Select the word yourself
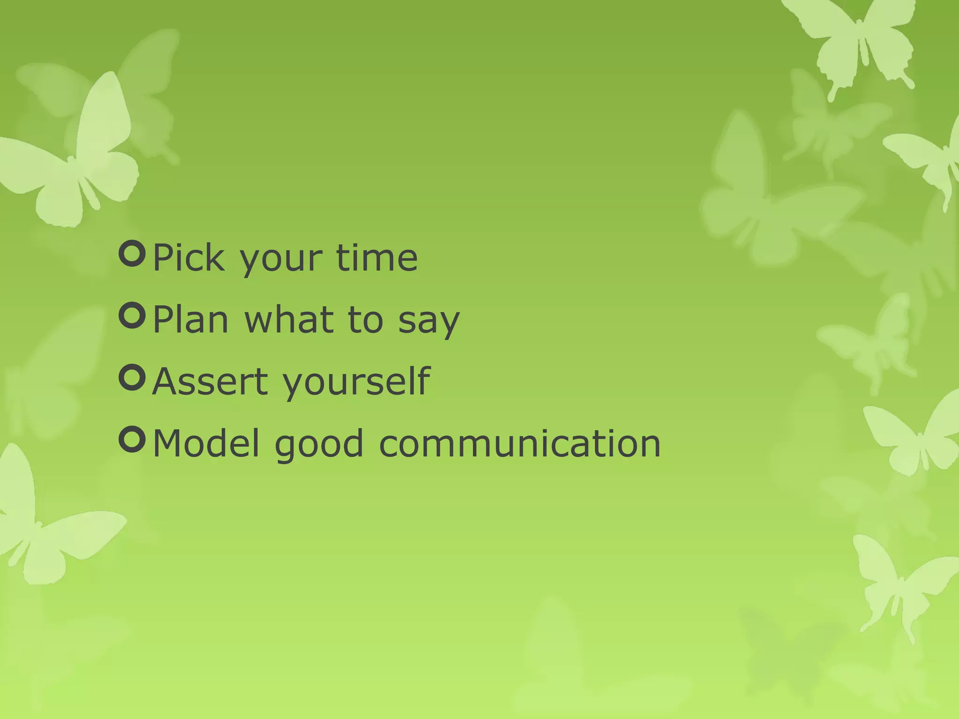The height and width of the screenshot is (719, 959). click(x=356, y=383)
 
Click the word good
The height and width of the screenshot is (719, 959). click(x=319, y=445)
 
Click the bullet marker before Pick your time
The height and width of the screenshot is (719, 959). click(x=133, y=254)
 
